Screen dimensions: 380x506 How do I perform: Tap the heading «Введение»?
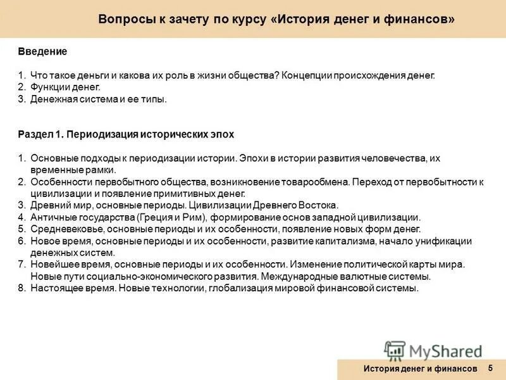(x=42, y=50)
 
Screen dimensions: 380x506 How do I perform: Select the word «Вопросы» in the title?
(x=125, y=20)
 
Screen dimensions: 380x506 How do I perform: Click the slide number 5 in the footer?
(x=490, y=368)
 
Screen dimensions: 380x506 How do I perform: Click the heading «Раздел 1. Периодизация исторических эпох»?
(x=126, y=134)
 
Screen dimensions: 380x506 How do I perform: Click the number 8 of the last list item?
(x=20, y=288)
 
